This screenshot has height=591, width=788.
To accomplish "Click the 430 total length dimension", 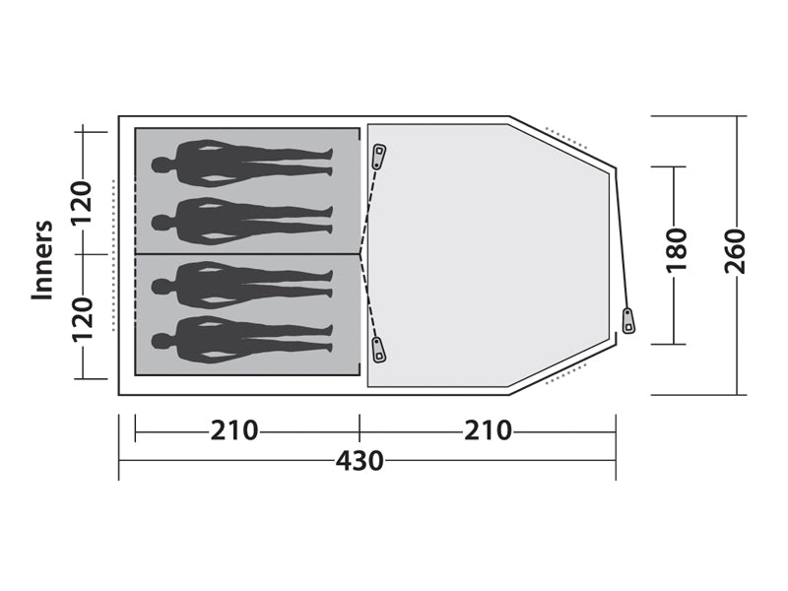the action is [x=360, y=460].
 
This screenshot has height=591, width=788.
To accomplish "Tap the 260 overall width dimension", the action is [x=735, y=251].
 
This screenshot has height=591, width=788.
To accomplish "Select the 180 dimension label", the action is [x=677, y=251].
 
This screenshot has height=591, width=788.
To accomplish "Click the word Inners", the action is [x=42, y=260].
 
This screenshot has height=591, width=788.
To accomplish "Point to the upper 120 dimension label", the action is [x=82, y=203].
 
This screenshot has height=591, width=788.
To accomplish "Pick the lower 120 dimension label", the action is [x=82, y=319].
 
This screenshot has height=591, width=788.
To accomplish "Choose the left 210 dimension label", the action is [x=233, y=430].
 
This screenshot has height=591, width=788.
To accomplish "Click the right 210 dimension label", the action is [x=488, y=430].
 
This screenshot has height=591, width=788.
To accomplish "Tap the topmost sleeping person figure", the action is [x=241, y=164].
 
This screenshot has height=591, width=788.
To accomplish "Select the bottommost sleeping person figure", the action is [x=241, y=340].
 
